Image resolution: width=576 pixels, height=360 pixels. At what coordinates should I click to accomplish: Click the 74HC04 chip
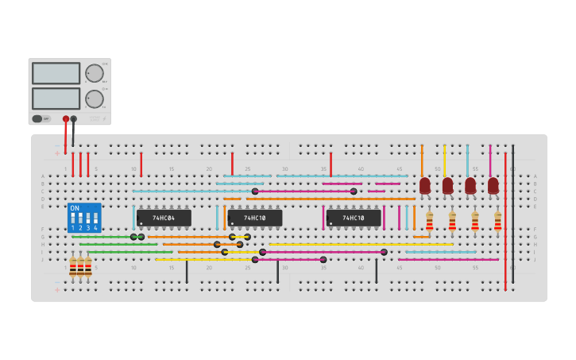point(164,218)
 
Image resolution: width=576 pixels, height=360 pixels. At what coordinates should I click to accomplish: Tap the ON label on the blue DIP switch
point(75,208)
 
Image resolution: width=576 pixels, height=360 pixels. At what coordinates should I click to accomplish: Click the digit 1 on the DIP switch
point(73,228)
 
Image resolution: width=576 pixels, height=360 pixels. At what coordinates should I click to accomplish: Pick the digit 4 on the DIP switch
point(95,228)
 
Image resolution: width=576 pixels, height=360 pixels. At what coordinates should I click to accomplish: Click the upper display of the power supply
point(56,73)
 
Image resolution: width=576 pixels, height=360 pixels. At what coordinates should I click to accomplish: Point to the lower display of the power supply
point(56,99)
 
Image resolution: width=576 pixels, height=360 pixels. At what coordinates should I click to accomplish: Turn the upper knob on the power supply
point(95,73)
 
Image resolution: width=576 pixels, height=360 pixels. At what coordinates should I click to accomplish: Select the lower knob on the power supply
point(95,99)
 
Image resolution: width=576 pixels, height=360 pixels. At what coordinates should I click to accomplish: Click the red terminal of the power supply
point(66,119)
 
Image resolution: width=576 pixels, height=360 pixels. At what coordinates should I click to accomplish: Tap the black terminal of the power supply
point(74,119)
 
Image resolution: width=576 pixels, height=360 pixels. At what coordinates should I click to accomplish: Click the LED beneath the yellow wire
point(447,185)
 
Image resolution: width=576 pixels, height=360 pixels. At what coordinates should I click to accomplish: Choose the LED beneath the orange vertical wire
point(424,185)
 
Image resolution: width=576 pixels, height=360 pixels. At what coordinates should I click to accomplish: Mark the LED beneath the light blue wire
point(470,185)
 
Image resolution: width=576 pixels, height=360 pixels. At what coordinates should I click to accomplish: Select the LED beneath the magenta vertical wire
point(493,185)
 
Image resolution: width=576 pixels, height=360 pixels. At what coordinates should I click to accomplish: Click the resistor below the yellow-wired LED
point(452,222)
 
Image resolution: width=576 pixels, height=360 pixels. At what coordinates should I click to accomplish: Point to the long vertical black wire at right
point(512,215)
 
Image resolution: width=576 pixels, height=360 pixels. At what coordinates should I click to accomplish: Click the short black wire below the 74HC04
point(187,271)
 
